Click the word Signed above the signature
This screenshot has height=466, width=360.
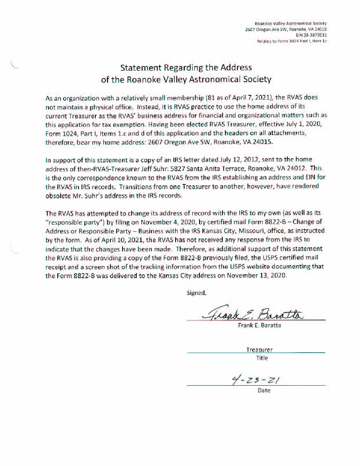coord(196,293)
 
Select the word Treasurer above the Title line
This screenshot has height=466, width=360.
coord(259,349)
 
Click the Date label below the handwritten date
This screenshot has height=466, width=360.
coord(264,390)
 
